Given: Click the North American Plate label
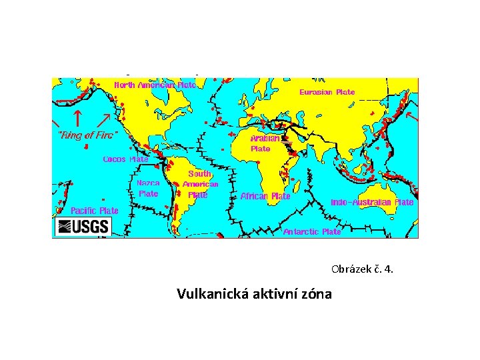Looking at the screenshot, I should [155, 85].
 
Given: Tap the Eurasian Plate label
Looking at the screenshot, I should [327, 92].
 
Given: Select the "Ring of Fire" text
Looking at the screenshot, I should [88, 135].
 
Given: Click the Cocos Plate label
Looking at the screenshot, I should [125, 159].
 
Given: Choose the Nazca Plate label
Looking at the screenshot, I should [148, 187].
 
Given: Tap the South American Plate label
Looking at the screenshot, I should [199, 184].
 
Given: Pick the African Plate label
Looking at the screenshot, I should [265, 196].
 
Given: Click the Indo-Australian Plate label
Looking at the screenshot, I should [372, 202].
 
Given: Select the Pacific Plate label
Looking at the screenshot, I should [95, 211].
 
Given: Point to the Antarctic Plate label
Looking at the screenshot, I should [312, 232].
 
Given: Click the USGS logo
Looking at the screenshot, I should [83, 226].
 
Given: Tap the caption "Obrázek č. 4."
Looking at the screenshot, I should [362, 270].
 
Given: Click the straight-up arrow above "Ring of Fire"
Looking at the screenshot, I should [77, 118].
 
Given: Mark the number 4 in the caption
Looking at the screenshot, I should [389, 270].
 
